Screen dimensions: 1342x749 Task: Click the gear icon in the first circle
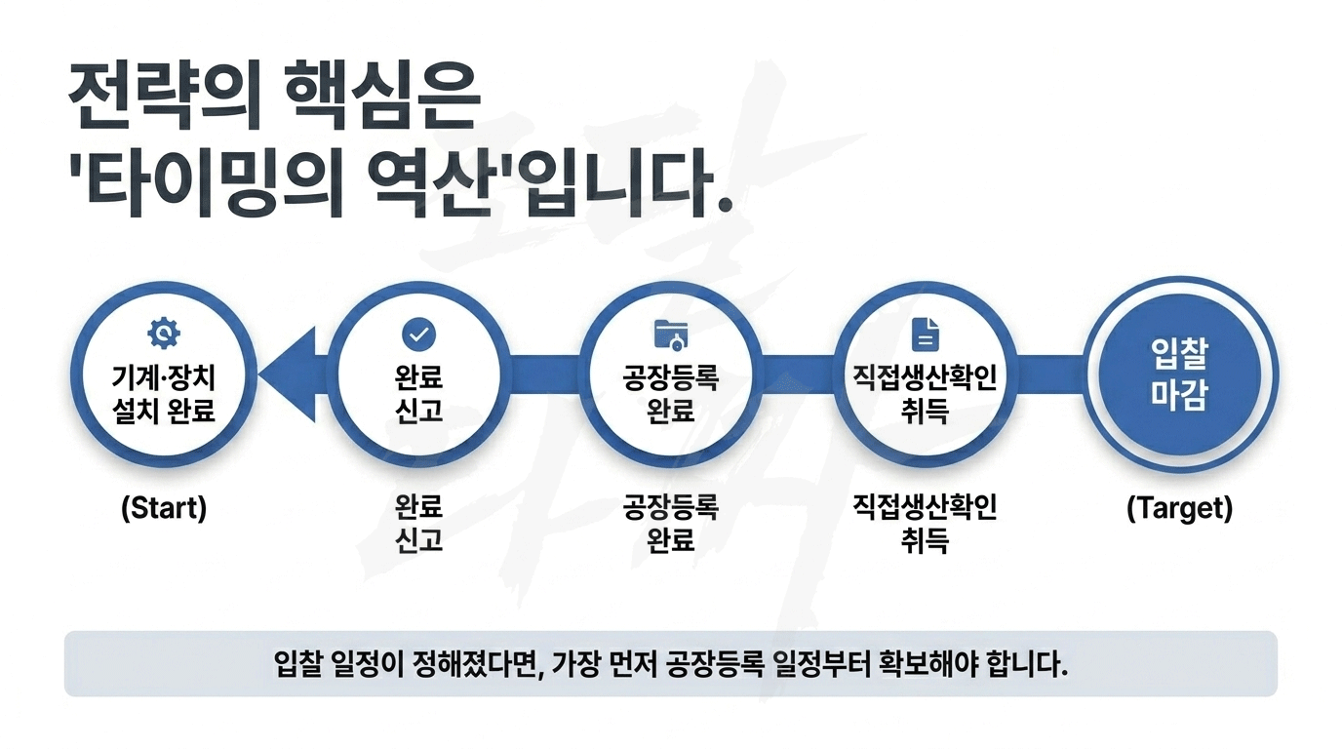point(164,334)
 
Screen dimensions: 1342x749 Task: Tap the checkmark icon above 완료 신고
point(418,334)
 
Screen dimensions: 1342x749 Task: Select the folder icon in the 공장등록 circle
point(671,335)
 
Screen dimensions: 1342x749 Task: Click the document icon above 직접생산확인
point(925,334)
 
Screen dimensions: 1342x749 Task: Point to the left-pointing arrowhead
point(288,374)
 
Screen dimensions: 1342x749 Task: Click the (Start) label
point(164,508)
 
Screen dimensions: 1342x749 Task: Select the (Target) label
point(1180,508)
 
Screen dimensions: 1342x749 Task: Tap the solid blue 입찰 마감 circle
point(1180,374)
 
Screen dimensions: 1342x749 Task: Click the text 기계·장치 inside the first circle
point(164,378)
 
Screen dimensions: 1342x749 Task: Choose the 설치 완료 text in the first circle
point(164,411)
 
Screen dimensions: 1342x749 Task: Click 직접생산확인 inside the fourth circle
point(925,377)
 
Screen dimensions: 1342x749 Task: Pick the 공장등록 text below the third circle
point(671,507)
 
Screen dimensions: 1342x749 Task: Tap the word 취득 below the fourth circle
point(925,540)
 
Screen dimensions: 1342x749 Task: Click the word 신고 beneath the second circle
point(418,540)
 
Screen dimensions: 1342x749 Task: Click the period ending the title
point(725,203)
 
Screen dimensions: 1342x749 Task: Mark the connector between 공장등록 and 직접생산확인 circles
point(798,374)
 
